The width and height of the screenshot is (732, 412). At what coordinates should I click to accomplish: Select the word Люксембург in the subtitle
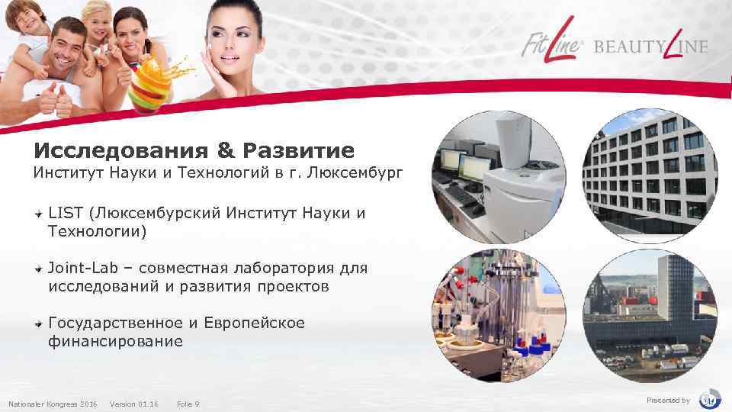pos(352,173)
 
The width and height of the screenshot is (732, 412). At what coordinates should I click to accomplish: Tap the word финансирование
pos(115,342)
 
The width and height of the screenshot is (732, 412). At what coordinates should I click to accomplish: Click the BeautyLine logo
pos(651,46)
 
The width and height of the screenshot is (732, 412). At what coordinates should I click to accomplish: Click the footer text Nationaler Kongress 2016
pos(53,403)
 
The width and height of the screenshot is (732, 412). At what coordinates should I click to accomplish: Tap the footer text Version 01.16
pos(134,403)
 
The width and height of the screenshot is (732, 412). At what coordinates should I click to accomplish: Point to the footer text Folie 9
pos(188,403)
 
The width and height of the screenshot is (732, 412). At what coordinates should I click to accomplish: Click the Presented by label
pos(668,401)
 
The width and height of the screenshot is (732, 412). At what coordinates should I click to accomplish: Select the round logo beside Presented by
pos(710,399)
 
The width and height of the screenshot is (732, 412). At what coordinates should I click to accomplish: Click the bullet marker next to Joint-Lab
pos(37,269)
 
